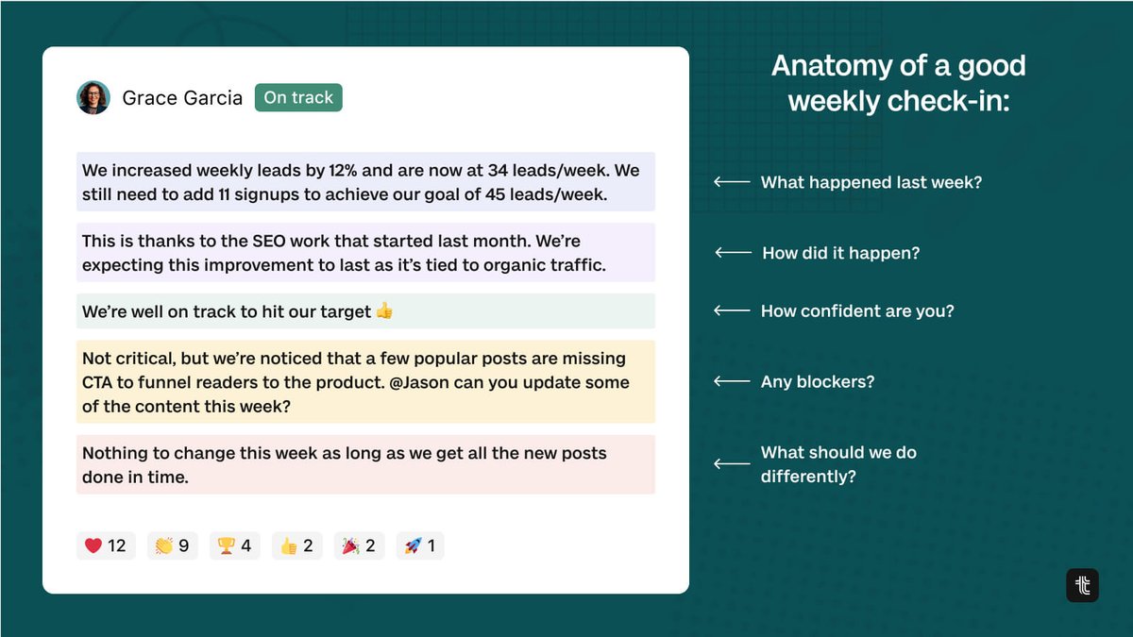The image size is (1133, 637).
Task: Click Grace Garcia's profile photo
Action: point(93,97)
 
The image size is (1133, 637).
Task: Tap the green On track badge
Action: point(298,97)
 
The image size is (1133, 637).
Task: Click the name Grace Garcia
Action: point(182,98)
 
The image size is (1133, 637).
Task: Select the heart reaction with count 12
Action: point(106,545)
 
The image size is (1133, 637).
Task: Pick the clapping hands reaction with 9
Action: point(172,545)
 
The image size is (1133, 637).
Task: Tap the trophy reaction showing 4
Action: point(234,545)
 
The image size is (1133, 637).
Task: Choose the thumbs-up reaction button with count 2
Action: point(296,545)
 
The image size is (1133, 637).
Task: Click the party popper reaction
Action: point(359,545)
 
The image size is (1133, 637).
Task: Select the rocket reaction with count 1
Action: point(420,545)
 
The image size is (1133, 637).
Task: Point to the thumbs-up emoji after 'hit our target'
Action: point(384,311)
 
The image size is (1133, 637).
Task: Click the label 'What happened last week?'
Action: point(871,182)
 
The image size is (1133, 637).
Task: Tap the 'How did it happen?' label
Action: point(840,253)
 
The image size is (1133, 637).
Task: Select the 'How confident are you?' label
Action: point(857,310)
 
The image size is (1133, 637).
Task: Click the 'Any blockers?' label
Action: point(818,381)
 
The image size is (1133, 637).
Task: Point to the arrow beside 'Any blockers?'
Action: point(732,381)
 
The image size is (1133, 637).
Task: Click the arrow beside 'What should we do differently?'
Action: point(732,463)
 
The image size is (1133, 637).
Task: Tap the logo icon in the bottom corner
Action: point(1082,585)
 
